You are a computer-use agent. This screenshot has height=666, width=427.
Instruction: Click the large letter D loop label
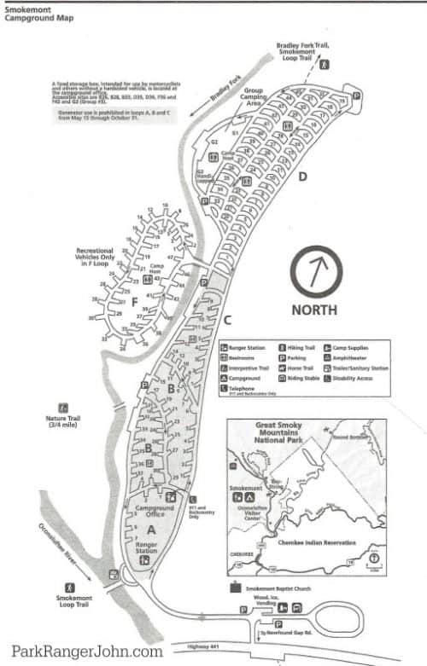302,177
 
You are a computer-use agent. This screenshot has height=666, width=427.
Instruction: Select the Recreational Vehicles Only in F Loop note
80,258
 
